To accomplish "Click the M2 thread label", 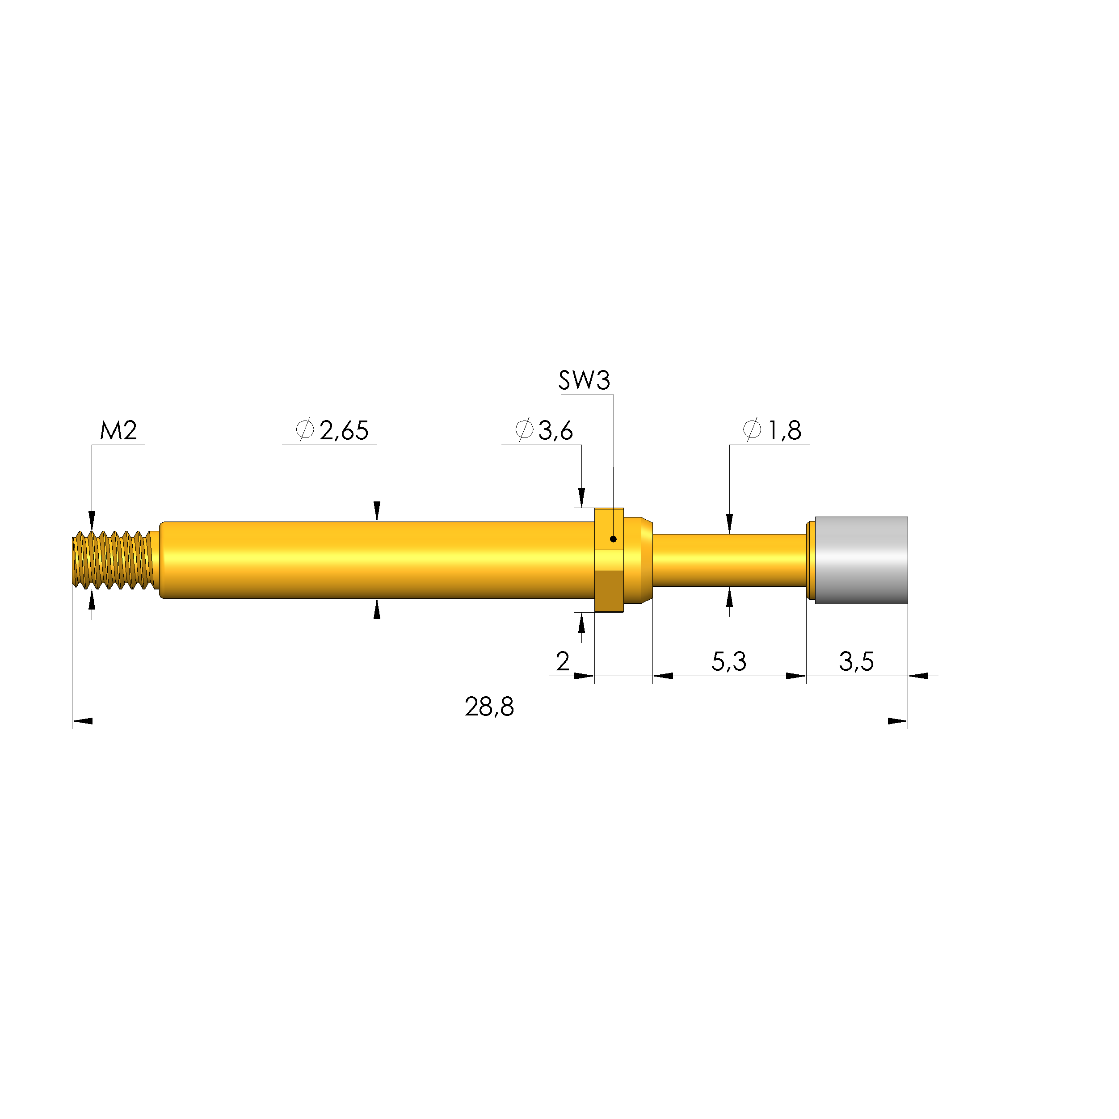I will (x=118, y=430).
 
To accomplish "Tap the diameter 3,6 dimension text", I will (x=544, y=430).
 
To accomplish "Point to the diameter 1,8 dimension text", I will (x=772, y=430).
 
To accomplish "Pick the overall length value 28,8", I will (x=489, y=707).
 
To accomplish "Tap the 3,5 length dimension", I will (x=856, y=661).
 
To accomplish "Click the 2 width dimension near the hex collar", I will (x=562, y=661).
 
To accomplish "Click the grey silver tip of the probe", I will (x=861, y=560).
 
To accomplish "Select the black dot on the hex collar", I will (x=614, y=539).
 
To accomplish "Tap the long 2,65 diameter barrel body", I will (x=376, y=560).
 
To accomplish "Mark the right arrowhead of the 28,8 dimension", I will (x=897, y=721).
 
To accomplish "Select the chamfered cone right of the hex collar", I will (x=646, y=560).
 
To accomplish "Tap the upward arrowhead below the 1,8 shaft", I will (x=729, y=597).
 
